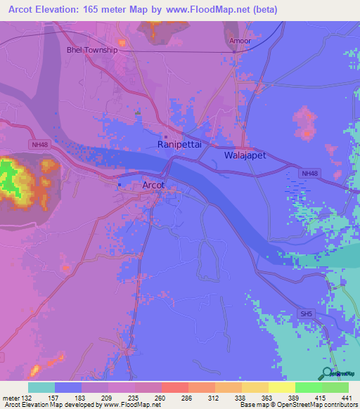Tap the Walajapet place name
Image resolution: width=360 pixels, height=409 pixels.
245,155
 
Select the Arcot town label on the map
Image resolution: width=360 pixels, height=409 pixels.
153,185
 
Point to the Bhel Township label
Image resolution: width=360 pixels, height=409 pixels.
91,51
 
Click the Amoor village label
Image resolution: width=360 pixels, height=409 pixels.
240,41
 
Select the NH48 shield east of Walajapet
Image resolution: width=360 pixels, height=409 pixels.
309,173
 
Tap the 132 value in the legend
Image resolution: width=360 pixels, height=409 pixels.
29,397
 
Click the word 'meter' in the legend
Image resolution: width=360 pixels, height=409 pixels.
12,397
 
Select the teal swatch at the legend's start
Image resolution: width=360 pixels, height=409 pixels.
41,387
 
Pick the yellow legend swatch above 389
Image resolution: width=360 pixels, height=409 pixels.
281,387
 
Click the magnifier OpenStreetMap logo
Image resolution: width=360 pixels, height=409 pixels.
326,374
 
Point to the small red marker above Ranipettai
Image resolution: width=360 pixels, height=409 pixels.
166,136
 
